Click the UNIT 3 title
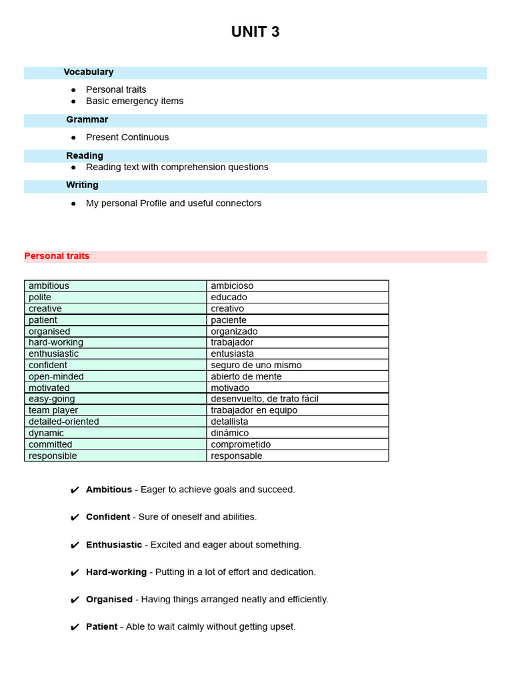(x=255, y=32)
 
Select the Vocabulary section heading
(x=89, y=72)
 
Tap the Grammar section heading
(x=87, y=120)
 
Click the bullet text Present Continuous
(x=127, y=137)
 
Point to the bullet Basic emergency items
(x=135, y=101)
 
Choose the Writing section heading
(x=82, y=185)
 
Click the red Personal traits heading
(x=57, y=256)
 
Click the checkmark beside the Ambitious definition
(x=75, y=490)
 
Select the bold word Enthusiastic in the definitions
(x=114, y=545)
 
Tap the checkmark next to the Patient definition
(x=75, y=628)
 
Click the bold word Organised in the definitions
(x=109, y=600)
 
